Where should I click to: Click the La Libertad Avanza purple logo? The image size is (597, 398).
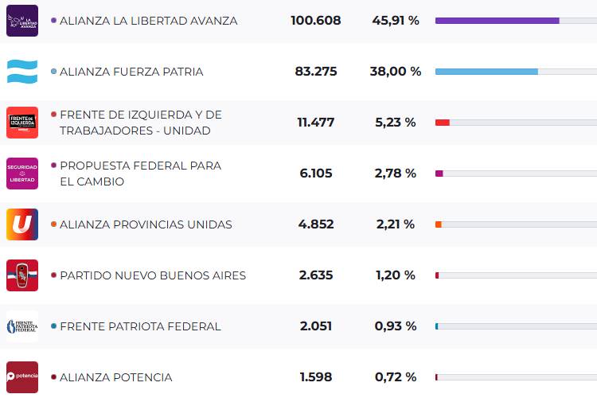pos(21,21)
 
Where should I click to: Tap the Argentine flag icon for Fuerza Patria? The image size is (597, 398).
pos(21,72)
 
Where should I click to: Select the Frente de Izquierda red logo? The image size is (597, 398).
pos(21,123)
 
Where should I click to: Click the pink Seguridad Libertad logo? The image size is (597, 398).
pos(21,174)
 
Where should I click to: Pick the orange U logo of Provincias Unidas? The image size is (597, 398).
pos(21,224)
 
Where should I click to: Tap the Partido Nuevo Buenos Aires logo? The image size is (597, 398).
pos(21,275)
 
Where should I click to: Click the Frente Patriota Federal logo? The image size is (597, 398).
pos(21,326)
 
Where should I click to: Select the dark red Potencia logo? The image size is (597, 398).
pos(21,377)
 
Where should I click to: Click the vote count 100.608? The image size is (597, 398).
pos(315,21)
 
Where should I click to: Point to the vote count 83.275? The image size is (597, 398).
pos(315,72)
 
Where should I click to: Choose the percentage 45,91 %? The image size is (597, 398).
pos(396,21)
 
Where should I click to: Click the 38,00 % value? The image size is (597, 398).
pos(396,72)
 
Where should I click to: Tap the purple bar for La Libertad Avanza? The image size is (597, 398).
pos(497,21)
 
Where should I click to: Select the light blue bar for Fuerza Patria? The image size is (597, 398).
pos(486,72)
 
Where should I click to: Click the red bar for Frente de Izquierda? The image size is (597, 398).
pos(443,123)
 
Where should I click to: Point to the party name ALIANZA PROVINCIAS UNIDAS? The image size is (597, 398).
pos(146,224)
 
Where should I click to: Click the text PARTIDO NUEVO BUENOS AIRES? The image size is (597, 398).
pos(153,275)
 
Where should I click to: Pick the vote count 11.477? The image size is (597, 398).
pos(315,123)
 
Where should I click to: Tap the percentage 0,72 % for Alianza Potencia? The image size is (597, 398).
pos(396,377)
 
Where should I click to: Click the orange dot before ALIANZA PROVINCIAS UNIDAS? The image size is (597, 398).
pos(53,224)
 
